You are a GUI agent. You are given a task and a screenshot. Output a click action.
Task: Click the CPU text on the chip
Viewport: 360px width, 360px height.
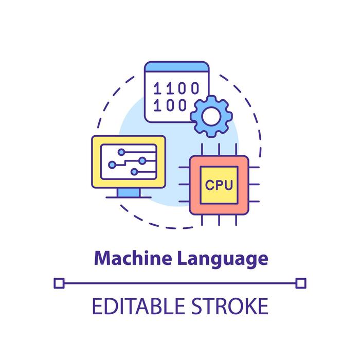click(x=219, y=185)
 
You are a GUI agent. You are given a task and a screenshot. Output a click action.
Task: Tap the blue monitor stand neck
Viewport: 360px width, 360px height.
click(x=128, y=191)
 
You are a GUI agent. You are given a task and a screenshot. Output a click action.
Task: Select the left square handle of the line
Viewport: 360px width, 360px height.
click(x=59, y=282)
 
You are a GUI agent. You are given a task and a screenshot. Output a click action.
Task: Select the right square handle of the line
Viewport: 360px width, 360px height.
click(x=301, y=282)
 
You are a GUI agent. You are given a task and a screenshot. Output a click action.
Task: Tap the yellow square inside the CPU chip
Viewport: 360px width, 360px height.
click(x=219, y=185)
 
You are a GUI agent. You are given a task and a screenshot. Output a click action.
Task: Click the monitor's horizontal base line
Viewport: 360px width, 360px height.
click(x=128, y=198)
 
